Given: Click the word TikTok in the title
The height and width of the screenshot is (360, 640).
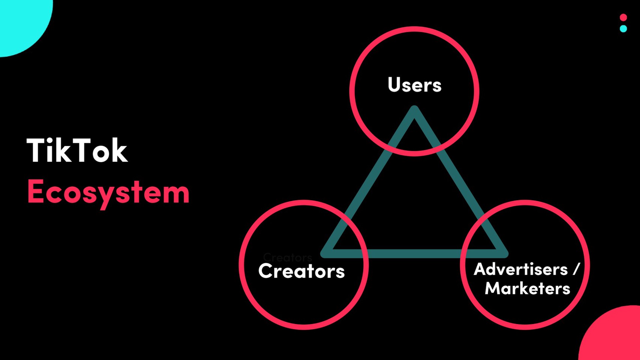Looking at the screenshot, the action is (x=77, y=150).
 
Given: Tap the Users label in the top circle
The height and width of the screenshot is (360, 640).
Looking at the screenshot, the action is (x=414, y=85).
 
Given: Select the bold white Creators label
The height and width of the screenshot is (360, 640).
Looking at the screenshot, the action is (x=301, y=271).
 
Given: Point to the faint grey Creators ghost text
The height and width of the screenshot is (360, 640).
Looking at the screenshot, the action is (x=287, y=257).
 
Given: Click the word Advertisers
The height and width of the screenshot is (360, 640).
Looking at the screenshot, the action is (x=521, y=269).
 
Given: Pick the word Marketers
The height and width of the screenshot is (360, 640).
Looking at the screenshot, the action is (x=527, y=288).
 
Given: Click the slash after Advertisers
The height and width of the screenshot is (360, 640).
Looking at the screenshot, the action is (x=576, y=269).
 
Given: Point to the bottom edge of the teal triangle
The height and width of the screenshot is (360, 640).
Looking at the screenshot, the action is (x=414, y=254).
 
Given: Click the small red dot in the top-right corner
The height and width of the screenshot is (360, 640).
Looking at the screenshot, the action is (x=623, y=17).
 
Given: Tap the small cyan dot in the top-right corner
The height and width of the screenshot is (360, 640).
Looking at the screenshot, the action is (x=623, y=28).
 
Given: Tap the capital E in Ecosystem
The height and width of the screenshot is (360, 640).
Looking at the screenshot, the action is (x=35, y=191).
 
